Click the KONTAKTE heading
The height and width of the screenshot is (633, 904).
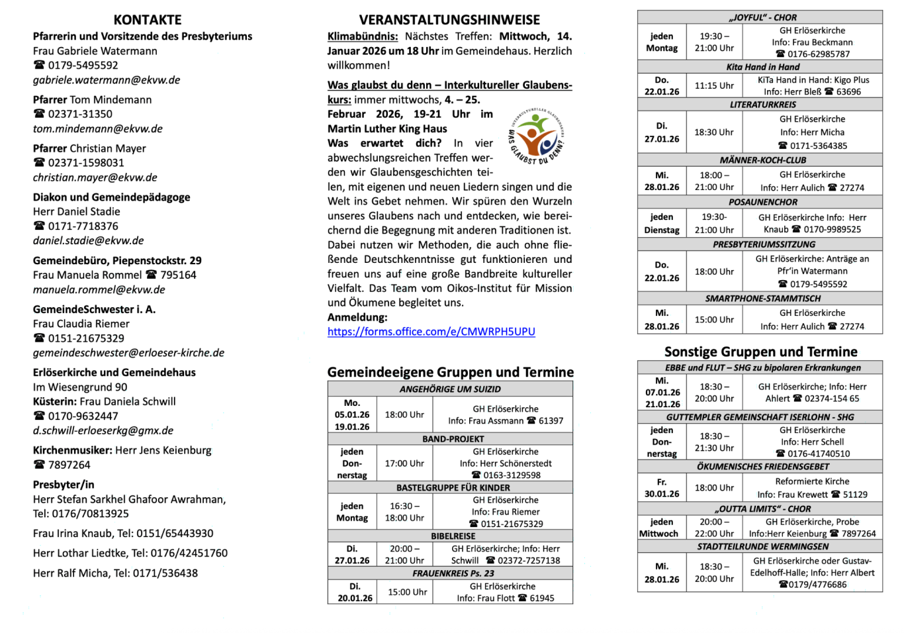pyautogui.click(x=147, y=20)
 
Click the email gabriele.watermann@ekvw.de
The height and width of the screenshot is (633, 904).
pyautogui.click(x=107, y=80)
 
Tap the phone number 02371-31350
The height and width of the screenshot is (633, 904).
pyautogui.click(x=80, y=114)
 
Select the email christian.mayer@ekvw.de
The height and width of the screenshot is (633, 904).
pyautogui.click(x=95, y=177)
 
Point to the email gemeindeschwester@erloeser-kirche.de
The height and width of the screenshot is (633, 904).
pyautogui.click(x=128, y=353)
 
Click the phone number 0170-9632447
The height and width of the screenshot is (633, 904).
pyautogui.click(x=83, y=416)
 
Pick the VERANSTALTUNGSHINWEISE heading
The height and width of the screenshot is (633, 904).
pyautogui.click(x=449, y=20)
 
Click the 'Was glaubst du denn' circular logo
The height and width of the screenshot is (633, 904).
pyautogui.click(x=536, y=136)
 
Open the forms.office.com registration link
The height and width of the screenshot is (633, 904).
pyautogui.click(x=431, y=332)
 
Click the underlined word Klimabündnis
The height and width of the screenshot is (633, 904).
pyautogui.click(x=363, y=36)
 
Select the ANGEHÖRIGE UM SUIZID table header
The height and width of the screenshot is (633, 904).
pyautogui.click(x=450, y=389)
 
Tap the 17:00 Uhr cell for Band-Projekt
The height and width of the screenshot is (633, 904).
pyautogui.click(x=404, y=463)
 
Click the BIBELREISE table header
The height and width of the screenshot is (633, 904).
pyautogui.click(x=453, y=536)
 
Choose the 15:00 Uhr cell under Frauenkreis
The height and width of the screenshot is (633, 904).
pyautogui.click(x=407, y=592)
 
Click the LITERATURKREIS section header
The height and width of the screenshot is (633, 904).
pyautogui.click(x=762, y=105)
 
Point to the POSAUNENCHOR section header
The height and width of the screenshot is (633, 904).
pyautogui.click(x=762, y=202)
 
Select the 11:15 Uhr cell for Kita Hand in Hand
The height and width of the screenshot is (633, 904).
pyautogui.click(x=714, y=85)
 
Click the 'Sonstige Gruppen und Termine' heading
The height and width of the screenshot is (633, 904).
pyautogui.click(x=760, y=352)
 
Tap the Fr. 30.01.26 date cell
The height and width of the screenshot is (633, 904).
pyautogui.click(x=662, y=488)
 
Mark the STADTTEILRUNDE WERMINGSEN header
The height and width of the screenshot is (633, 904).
pyautogui.click(x=762, y=547)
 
